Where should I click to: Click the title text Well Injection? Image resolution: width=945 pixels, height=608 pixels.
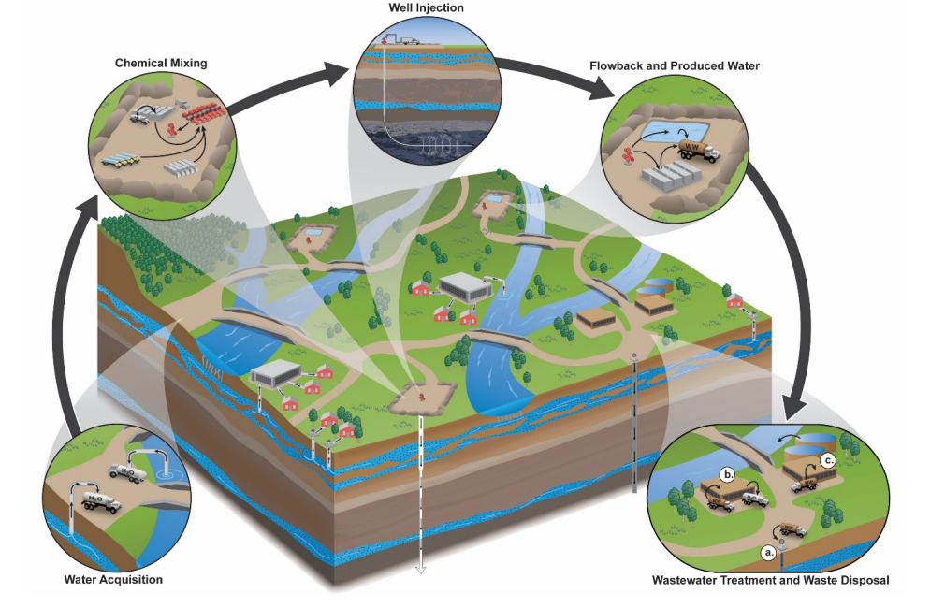426,8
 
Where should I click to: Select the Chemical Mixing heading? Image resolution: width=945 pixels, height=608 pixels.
160,63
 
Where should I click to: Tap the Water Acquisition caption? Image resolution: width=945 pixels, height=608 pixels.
113,580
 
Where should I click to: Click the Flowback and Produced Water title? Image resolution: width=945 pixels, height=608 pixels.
675,65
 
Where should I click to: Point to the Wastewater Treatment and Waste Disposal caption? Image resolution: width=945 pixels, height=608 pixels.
770,580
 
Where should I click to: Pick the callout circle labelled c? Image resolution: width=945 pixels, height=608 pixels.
827,460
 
